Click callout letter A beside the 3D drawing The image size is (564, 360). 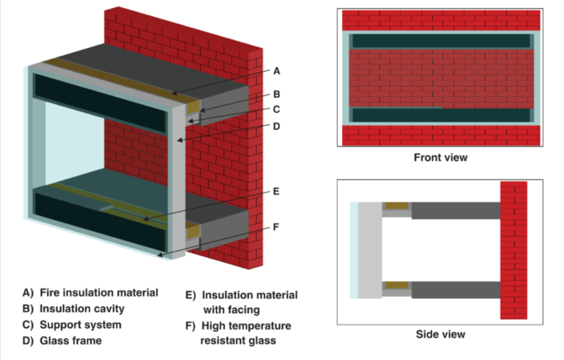[x=276, y=70]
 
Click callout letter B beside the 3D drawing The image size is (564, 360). [x=276, y=94]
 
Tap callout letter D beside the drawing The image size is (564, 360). [x=276, y=126]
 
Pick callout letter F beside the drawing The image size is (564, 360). [x=276, y=227]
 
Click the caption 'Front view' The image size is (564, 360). [x=440, y=158]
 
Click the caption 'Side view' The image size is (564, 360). [x=440, y=334]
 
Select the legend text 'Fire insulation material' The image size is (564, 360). [x=99, y=292]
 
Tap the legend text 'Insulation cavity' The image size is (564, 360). [x=83, y=309]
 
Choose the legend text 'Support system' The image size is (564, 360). [x=80, y=324]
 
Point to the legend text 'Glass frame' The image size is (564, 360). [x=70, y=340]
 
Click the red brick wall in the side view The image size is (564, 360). [x=513, y=251]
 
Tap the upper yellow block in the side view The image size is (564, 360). [x=397, y=206]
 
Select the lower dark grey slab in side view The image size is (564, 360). [x=455, y=289]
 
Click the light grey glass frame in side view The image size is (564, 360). [x=369, y=250]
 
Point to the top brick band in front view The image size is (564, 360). [x=440, y=20]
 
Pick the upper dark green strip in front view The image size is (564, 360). [x=440, y=41]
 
